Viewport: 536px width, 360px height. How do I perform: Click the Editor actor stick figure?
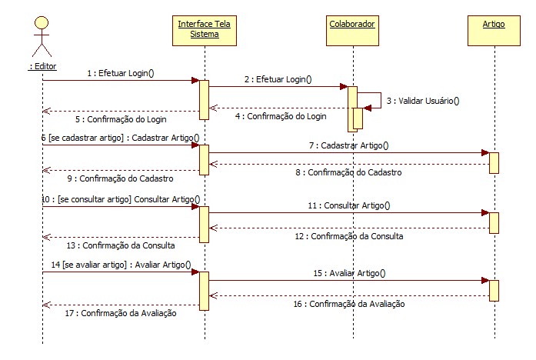pos(42,36)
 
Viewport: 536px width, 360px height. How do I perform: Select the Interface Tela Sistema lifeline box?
pos(204,29)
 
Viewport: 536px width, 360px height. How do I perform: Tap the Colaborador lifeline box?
pos(351,25)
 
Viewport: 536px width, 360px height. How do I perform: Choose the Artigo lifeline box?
pos(493,25)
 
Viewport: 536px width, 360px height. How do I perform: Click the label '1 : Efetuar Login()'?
pos(121,73)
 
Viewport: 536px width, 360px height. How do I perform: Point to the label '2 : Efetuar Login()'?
pos(279,78)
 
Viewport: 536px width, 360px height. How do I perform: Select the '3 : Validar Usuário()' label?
pos(418,100)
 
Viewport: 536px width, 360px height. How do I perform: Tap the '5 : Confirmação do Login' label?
pos(122,119)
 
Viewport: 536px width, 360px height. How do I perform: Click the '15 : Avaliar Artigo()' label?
pos(349,272)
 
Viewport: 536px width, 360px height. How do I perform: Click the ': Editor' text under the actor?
pos(42,66)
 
